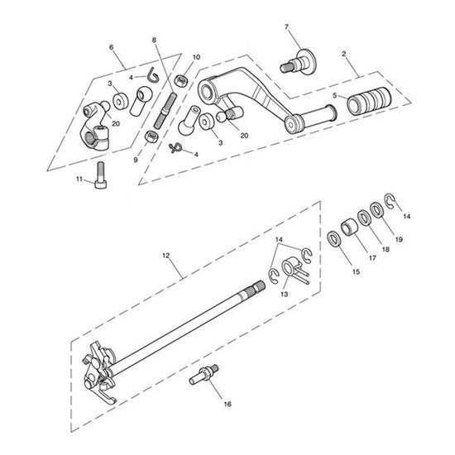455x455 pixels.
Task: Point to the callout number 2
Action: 342,55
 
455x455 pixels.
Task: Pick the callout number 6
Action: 113,47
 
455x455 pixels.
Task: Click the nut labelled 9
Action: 151,136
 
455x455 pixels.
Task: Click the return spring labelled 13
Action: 288,271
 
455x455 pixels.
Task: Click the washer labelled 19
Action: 378,212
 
